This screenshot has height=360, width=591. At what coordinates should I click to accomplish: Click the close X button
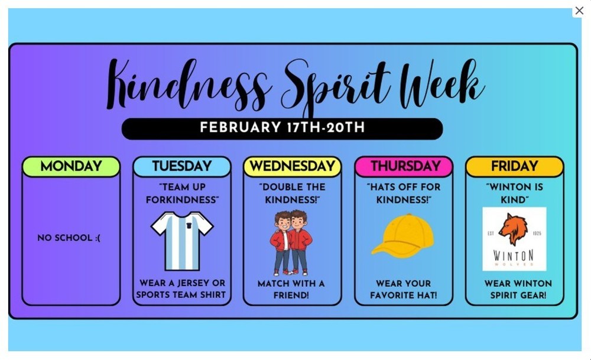579,11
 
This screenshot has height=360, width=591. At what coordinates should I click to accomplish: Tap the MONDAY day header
71,167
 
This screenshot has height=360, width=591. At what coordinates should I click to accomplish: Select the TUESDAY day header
181,167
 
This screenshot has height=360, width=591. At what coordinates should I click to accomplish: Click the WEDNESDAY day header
293,167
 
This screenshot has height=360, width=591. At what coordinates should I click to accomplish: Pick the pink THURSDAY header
404,167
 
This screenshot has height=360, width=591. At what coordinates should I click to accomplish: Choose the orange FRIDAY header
514,167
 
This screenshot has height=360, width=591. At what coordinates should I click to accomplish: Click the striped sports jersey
182,240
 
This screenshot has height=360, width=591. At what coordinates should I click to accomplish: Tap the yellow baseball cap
403,236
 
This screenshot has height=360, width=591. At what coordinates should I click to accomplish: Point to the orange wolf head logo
512,228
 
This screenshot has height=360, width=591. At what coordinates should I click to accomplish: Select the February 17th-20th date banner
282,128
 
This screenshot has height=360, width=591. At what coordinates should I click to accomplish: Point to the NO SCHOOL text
69,238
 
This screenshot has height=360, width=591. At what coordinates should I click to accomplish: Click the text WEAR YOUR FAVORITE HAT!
404,290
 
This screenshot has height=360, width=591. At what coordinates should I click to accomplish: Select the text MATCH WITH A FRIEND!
291,290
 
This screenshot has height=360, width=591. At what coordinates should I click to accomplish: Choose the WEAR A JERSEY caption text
181,289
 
